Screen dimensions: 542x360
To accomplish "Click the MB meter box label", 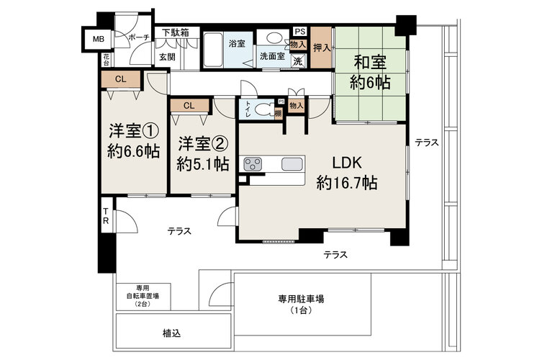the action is click(x=98, y=40).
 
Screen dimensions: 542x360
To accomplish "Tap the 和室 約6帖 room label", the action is click(x=370, y=73).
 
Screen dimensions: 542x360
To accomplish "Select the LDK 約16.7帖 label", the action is click(x=347, y=173).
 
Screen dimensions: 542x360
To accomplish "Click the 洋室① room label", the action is click(x=134, y=131).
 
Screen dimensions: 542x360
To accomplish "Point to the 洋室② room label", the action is click(x=203, y=144).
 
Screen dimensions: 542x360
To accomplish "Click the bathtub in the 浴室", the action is click(x=212, y=50).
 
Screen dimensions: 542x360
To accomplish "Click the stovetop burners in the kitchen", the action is click(x=253, y=164).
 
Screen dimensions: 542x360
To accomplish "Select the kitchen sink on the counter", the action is click(x=292, y=164).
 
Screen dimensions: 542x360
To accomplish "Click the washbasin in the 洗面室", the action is click(x=274, y=37).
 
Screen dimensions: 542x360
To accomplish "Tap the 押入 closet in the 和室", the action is click(x=322, y=48).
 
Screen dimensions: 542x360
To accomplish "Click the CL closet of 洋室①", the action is click(x=121, y=79).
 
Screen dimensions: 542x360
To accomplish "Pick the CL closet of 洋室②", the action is click(x=189, y=105).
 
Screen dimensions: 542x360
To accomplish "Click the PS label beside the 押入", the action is click(x=300, y=32).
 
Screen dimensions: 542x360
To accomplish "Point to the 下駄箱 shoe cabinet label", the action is click(x=176, y=32).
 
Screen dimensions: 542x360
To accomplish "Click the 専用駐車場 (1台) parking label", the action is click(x=301, y=304).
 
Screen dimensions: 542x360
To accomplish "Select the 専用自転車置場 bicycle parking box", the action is click(x=143, y=297).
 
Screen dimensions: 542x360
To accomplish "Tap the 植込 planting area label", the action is click(x=172, y=333).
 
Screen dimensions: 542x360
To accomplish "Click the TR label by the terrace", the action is click(x=106, y=216).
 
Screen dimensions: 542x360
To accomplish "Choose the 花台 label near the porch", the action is click(x=106, y=60).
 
